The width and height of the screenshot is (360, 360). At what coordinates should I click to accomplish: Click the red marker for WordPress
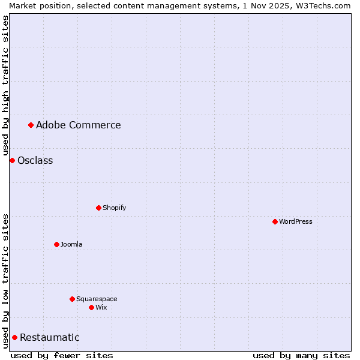[275, 221]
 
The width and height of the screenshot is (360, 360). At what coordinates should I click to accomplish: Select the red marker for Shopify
[98, 208]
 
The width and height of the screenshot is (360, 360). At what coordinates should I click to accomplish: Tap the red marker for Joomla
[56, 244]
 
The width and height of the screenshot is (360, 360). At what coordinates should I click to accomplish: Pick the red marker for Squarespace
[72, 299]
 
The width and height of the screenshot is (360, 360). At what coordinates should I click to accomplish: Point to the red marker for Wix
[91, 307]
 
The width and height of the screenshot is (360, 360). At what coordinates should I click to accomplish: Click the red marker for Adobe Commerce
[31, 125]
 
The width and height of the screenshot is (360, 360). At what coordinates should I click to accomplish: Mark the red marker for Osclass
[12, 160]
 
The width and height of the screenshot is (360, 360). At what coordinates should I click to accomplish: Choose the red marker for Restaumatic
[14, 337]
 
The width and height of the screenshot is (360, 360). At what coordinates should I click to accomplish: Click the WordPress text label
[296, 221]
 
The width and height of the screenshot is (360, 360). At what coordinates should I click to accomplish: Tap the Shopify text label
[115, 208]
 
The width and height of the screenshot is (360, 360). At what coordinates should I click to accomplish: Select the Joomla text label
[71, 244]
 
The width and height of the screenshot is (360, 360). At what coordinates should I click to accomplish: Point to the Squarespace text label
[97, 299]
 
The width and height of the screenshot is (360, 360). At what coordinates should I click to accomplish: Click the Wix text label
[101, 307]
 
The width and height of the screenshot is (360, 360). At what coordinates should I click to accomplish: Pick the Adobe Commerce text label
[79, 125]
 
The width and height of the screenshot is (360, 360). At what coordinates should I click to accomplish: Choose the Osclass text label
[35, 160]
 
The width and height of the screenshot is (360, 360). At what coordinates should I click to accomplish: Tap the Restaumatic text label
[50, 337]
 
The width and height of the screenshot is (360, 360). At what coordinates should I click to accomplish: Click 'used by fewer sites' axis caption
[62, 355]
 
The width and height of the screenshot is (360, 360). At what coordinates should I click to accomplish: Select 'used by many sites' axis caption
[301, 355]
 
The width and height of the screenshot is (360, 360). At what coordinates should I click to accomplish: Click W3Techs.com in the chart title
[322, 5]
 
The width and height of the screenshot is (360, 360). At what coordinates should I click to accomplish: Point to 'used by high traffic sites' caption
[5, 85]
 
